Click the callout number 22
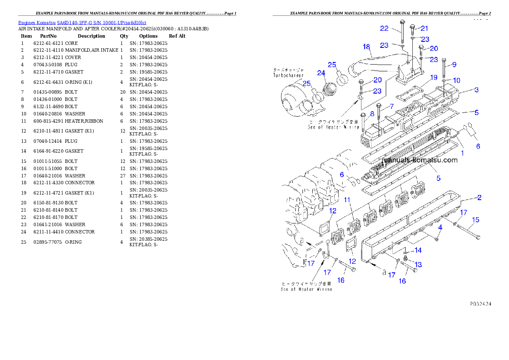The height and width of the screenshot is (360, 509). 384,29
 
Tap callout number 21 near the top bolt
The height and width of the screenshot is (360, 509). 424,29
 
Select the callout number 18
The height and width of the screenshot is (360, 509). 366,47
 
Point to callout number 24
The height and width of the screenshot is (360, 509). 321,73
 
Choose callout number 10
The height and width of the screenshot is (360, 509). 456,80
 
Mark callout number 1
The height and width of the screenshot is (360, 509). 462,152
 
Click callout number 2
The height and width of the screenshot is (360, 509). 479,198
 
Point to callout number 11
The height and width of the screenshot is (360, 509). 347,200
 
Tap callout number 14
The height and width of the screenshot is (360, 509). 418,250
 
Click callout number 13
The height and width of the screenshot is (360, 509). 418,265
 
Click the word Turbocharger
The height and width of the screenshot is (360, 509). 288,75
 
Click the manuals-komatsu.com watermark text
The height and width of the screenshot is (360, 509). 420,160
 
